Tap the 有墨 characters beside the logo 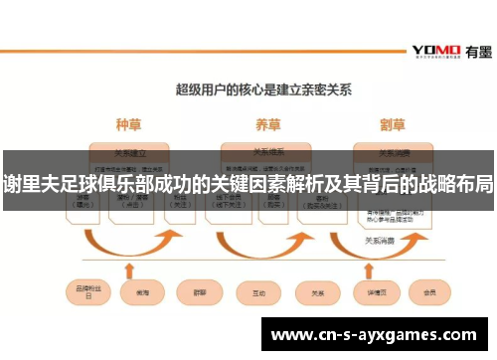pos(473,50)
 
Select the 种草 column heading pos(129,126)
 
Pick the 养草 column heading pos(267,126)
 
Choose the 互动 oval pos(257,293)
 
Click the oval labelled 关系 pos(317,293)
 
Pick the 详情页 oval pos(375,293)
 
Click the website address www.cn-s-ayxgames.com pos(378,335)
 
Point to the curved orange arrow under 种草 pos(130,245)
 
